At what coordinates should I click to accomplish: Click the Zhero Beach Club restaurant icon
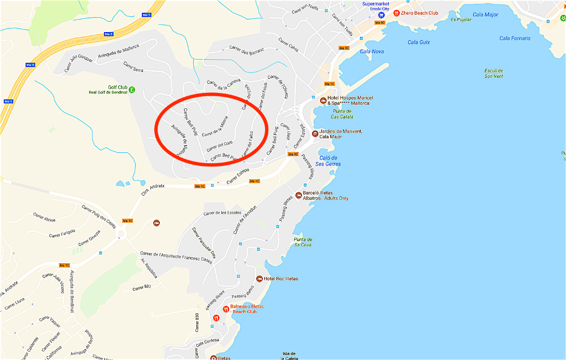click(397, 13)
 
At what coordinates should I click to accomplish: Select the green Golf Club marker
click(132, 89)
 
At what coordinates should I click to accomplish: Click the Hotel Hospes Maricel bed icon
click(323, 100)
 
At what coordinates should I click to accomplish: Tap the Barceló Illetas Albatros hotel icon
click(298, 195)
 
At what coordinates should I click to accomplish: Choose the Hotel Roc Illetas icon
click(259, 279)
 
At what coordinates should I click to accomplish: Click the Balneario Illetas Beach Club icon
click(225, 309)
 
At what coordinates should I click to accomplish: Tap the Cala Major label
click(485, 15)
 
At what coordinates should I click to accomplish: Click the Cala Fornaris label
click(515, 38)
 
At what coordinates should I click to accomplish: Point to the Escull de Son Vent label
click(494, 73)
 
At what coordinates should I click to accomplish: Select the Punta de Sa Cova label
click(303, 242)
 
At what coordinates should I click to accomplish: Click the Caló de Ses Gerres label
click(328, 161)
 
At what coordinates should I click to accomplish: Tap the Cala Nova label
click(372, 51)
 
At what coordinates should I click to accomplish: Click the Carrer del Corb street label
click(219, 147)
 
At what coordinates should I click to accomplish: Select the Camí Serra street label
click(133, 67)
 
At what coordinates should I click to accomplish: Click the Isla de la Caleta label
click(289, 356)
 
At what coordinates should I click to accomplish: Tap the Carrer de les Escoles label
click(222, 213)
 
